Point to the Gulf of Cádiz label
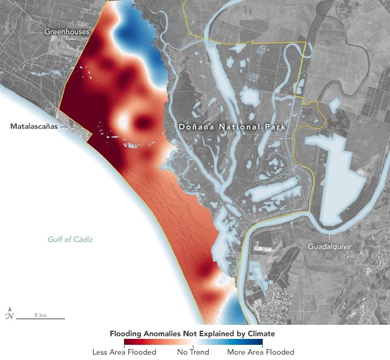point(70,239)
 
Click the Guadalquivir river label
point(329,246)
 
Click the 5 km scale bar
point(41,318)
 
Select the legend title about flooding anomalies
point(192,333)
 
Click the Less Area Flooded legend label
point(124,352)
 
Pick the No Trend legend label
point(193,352)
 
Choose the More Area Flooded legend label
point(261,352)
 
